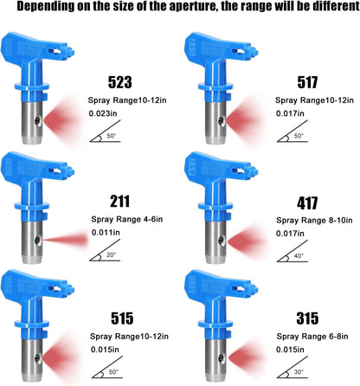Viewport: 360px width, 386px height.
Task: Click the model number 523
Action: [x=120, y=82]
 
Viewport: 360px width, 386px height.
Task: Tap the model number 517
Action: [x=307, y=82]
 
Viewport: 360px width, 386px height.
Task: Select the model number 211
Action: [x=119, y=201]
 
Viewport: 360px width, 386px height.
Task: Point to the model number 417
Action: [x=307, y=203]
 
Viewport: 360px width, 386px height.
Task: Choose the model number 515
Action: [x=122, y=318]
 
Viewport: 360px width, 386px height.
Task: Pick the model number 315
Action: [x=307, y=318]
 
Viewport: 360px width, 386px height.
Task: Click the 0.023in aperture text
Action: [x=103, y=113]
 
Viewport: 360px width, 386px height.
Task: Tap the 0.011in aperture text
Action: [x=106, y=232]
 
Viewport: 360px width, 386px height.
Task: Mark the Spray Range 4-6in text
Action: [x=127, y=219]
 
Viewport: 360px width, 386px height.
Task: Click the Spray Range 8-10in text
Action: [x=314, y=221]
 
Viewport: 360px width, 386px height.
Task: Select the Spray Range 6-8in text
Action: [x=312, y=337]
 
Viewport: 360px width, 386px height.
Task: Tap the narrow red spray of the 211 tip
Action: [x=66, y=240]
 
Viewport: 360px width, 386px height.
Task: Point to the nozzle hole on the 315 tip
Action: [x=222, y=358]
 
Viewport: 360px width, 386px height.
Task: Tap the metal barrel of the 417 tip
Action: [x=215, y=242]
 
